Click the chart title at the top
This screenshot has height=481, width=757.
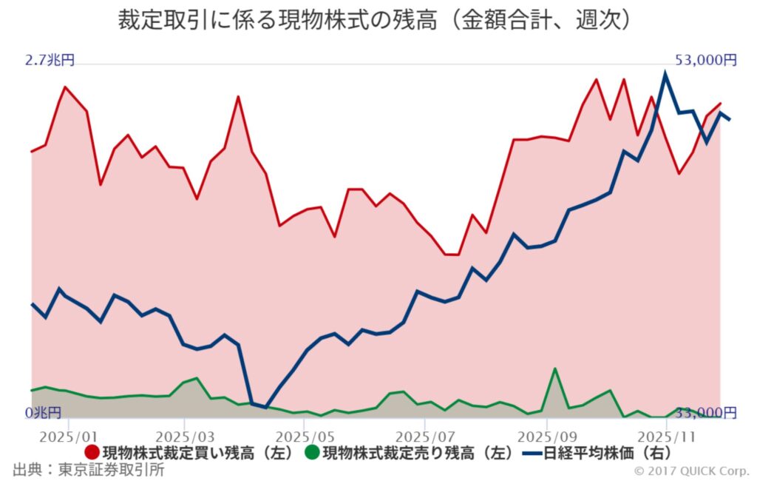point(377,20)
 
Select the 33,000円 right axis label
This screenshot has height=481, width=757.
point(705,412)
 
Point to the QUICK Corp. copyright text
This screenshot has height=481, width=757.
point(690,471)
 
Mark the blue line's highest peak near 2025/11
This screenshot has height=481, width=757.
point(665,73)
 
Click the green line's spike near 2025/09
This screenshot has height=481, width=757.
point(554,369)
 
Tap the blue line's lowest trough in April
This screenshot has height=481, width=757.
point(266,407)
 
